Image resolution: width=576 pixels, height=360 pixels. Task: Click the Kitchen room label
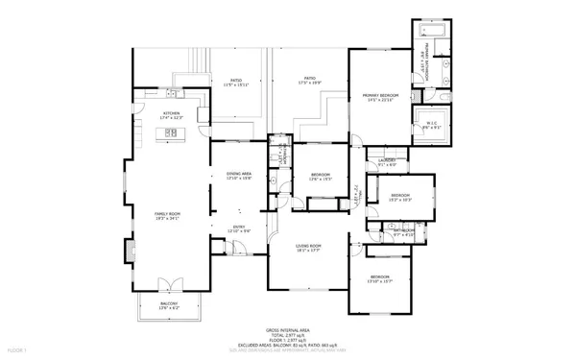click(172, 115)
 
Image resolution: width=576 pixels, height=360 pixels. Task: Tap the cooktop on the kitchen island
click(172, 135)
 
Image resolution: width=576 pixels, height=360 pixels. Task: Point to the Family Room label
click(168, 215)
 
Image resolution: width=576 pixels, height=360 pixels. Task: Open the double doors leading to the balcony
click(168, 285)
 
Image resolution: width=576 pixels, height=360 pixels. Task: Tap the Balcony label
click(168, 305)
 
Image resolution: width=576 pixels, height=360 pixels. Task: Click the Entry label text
click(237, 228)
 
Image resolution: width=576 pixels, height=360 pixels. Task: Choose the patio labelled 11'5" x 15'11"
click(235, 83)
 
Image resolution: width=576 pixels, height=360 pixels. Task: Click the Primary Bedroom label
click(380, 98)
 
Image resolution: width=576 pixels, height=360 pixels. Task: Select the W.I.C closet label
click(429, 124)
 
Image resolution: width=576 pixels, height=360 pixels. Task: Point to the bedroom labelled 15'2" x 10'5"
click(400, 198)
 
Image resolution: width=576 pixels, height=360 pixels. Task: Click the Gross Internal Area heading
click(286, 328)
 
